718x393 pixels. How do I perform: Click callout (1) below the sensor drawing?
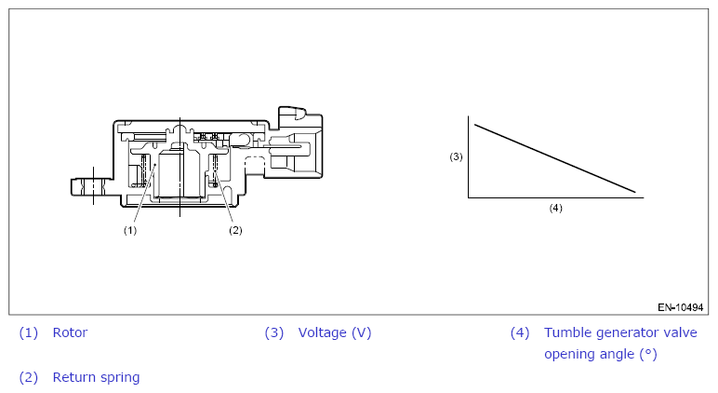(130, 230)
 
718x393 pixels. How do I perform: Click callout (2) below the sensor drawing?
(235, 230)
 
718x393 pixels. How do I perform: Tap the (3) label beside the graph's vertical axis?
(456, 156)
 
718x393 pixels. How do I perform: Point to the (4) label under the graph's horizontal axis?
(556, 209)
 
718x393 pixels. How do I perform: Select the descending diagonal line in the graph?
(555, 158)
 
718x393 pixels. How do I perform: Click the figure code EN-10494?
(681, 307)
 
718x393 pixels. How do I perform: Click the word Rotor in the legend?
(70, 332)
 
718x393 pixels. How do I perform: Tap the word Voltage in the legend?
(323, 332)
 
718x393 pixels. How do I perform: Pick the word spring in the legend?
(118, 378)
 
